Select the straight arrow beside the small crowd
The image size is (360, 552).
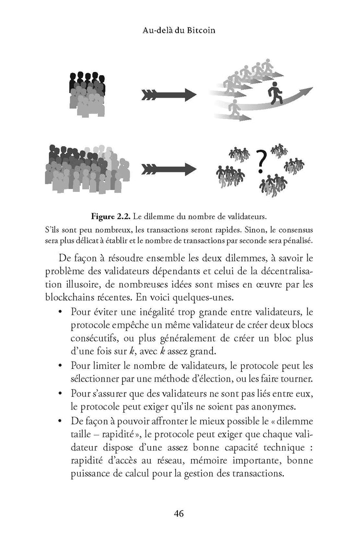(162, 95)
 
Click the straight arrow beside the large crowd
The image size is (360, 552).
(162, 168)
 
